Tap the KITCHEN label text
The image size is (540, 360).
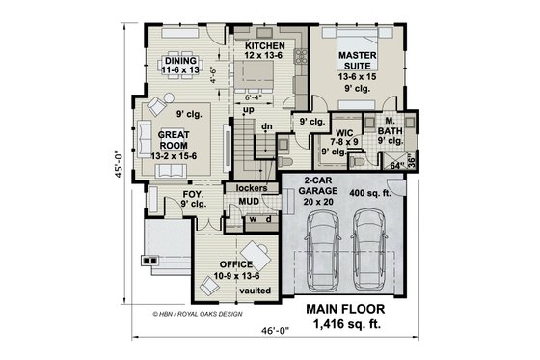pos(263,45)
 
